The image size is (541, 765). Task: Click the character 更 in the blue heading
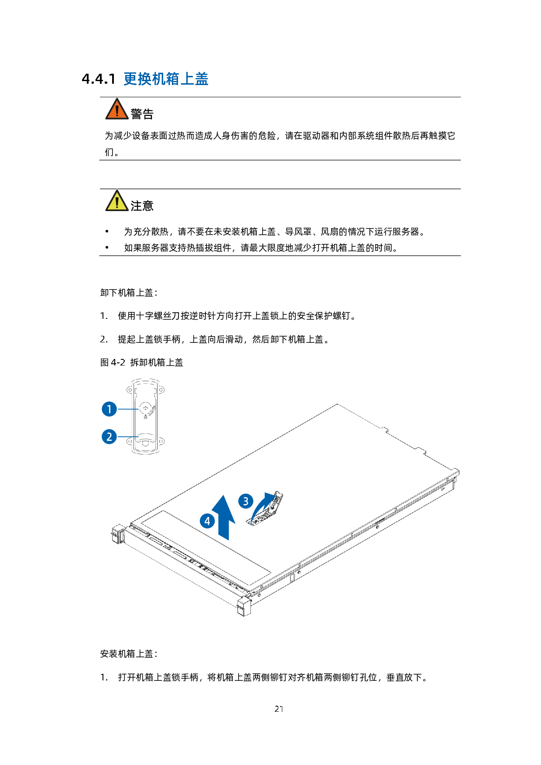130,79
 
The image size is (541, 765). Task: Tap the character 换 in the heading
145,79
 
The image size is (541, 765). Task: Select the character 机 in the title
159,79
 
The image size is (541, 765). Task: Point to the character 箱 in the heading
173,79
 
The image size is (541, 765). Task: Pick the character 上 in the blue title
187,79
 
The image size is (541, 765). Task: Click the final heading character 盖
201,79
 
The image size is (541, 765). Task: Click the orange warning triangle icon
117,109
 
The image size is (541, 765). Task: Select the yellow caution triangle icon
117,201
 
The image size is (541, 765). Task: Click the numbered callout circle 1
109,409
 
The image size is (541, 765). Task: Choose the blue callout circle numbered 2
109,437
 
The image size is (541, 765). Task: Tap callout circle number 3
246,501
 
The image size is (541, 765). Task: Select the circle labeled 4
207,521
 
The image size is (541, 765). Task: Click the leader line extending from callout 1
129,409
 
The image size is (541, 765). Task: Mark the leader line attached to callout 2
129,437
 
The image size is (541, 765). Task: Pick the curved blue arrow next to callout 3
261,508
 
